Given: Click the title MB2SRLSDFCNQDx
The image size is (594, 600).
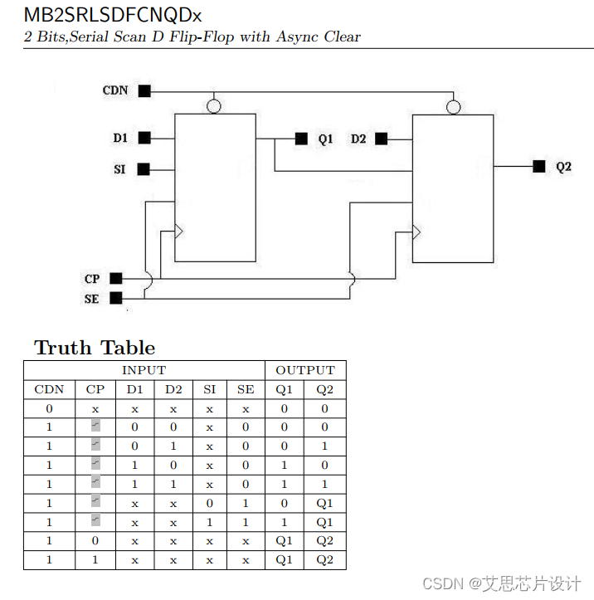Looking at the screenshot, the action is tap(111, 16).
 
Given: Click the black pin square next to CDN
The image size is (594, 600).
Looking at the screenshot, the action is tap(144, 91).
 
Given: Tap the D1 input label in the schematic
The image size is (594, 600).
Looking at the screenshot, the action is tap(121, 138).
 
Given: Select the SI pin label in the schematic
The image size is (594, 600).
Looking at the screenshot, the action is tap(120, 169).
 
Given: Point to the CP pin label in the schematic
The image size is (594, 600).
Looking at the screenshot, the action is tap(92, 279).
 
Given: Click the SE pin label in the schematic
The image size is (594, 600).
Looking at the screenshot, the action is tap(91, 299).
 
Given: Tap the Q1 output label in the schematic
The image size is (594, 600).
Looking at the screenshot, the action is tap(325, 139).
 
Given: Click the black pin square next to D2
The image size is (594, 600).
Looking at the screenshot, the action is tap(381, 139).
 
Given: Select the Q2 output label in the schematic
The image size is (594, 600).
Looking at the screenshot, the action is tap(563, 167).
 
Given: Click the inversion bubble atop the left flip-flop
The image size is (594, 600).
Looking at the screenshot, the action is tap(214, 107).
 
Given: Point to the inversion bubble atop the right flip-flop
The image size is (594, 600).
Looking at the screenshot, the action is tap(452, 107).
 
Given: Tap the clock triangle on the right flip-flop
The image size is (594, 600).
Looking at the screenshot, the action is tap(417, 230).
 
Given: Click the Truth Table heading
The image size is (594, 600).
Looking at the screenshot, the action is tap(95, 348).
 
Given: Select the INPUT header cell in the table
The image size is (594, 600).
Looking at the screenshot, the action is tap(144, 370).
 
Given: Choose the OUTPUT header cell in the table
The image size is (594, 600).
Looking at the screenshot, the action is tap(305, 370).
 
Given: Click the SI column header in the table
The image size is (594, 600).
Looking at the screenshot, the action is tap(210, 389).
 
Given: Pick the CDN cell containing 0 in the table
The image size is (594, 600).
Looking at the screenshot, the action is tap(49, 408).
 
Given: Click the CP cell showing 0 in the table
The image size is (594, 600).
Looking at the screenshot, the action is tap(95, 541).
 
